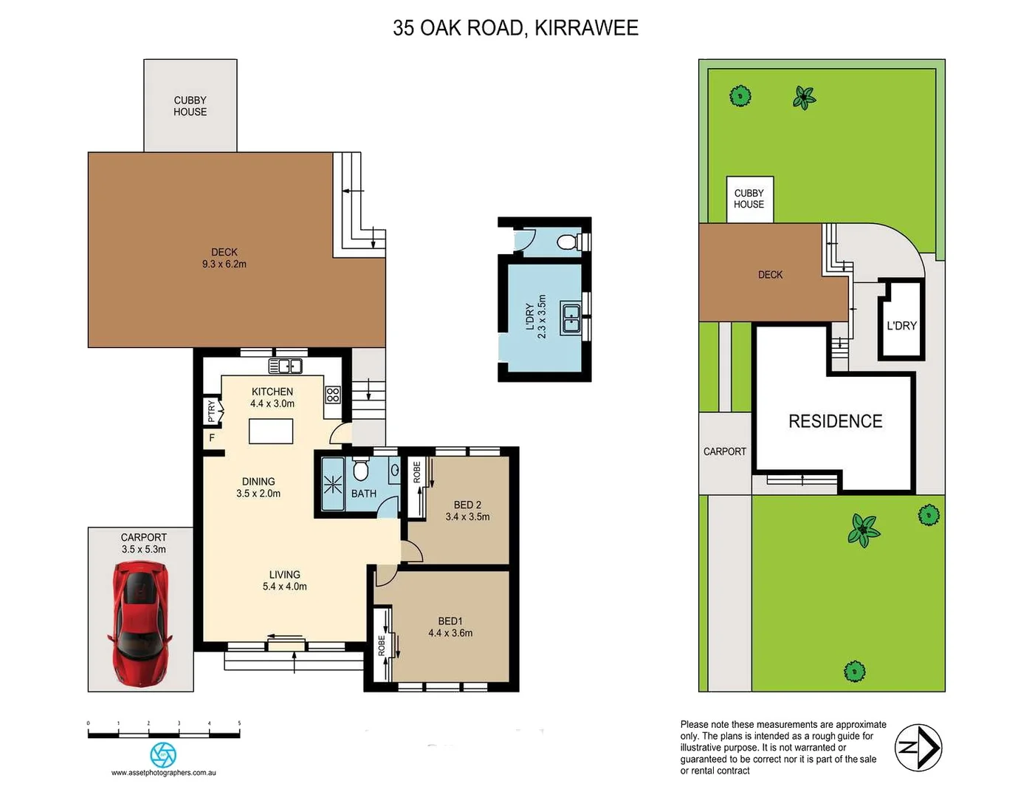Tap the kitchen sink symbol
(285, 366)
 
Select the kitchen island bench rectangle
(271, 431)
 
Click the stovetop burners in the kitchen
(333, 395)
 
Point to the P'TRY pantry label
(212, 411)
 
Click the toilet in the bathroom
(361, 469)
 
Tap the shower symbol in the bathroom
(332, 485)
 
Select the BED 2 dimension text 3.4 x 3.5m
(467, 517)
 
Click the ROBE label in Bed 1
(382, 645)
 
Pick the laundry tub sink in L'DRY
(571, 318)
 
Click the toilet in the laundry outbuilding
(568, 242)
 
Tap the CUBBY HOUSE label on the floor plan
(190, 106)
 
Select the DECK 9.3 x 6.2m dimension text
(224, 265)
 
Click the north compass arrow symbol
(918, 748)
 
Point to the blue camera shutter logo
(163, 754)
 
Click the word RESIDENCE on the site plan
(835, 422)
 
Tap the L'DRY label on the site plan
(901, 326)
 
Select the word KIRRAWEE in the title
(586, 28)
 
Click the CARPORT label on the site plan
(724, 451)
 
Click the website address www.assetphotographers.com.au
(163, 773)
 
